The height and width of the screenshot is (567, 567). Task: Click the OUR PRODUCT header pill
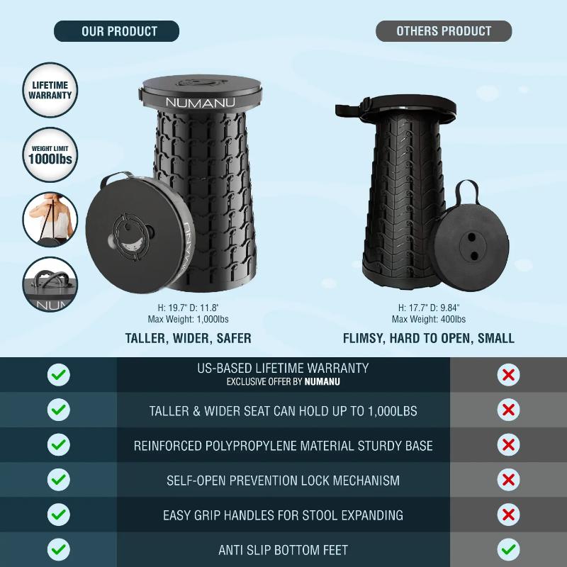click(116, 31)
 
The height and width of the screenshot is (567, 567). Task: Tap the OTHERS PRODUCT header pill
click(444, 31)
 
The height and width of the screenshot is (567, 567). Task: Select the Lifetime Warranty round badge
click(50, 90)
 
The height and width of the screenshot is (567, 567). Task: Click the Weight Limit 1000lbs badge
click(50, 155)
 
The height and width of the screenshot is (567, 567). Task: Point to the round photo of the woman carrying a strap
click(50, 220)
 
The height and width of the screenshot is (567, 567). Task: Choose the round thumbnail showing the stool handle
click(50, 284)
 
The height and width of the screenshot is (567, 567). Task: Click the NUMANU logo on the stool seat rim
click(200, 102)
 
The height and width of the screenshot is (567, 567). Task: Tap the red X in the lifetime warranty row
click(508, 375)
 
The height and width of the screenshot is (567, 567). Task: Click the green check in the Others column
click(508, 550)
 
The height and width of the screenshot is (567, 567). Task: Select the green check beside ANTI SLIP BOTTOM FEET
click(59, 550)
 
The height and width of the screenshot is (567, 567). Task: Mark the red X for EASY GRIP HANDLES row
click(508, 515)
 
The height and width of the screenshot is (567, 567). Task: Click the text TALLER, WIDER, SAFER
click(188, 339)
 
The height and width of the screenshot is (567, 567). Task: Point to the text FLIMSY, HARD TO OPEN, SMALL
click(429, 339)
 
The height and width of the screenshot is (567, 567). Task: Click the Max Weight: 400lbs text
click(429, 320)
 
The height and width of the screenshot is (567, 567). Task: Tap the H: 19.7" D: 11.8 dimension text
click(188, 308)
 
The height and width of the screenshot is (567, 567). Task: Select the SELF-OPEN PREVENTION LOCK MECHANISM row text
click(283, 481)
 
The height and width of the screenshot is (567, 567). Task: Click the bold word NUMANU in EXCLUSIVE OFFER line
click(322, 382)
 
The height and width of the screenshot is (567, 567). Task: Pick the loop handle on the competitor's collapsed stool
click(466, 193)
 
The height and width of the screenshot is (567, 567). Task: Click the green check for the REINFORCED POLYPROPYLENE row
click(59, 444)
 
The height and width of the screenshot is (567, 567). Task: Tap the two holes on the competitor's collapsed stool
click(473, 247)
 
